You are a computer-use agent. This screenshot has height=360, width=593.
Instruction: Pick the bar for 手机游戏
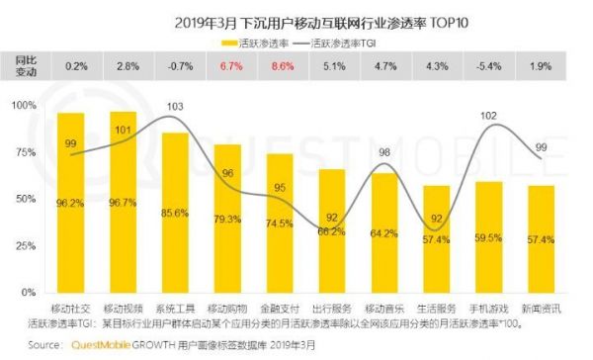pos(488,236)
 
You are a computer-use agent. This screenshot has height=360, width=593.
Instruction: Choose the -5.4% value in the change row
pos(488,66)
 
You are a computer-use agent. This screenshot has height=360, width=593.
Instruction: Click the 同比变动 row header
pos(27,66)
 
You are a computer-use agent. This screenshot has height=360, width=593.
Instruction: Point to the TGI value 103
pos(176,106)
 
